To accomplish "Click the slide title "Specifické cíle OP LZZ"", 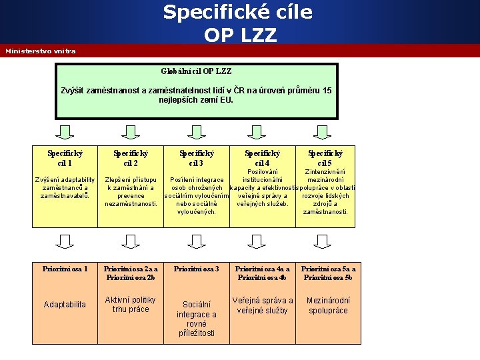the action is [x=220, y=23].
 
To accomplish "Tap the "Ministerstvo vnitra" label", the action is [x=41, y=51].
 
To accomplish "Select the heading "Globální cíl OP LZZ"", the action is [x=196, y=71].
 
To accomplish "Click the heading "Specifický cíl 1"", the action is [x=65, y=158].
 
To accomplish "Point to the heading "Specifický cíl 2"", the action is [x=131, y=158].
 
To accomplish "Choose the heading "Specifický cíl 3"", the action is [x=196, y=158].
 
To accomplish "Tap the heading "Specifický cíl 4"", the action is [x=262, y=158].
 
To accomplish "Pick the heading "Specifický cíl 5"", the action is [x=325, y=158].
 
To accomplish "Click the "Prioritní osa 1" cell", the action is [x=65, y=269].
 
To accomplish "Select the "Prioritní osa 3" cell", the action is [x=196, y=269].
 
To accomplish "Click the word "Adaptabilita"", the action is [x=65, y=305].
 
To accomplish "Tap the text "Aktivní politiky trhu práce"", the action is [x=131, y=305].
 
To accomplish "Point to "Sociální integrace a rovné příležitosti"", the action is [x=196, y=319].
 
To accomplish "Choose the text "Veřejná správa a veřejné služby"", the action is [x=262, y=305].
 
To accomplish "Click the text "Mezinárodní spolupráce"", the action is [x=327, y=305].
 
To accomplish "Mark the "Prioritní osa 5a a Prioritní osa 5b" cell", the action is [x=327, y=273].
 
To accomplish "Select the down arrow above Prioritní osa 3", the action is [x=196, y=241].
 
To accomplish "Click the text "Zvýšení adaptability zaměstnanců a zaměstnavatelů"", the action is [x=65, y=187].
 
